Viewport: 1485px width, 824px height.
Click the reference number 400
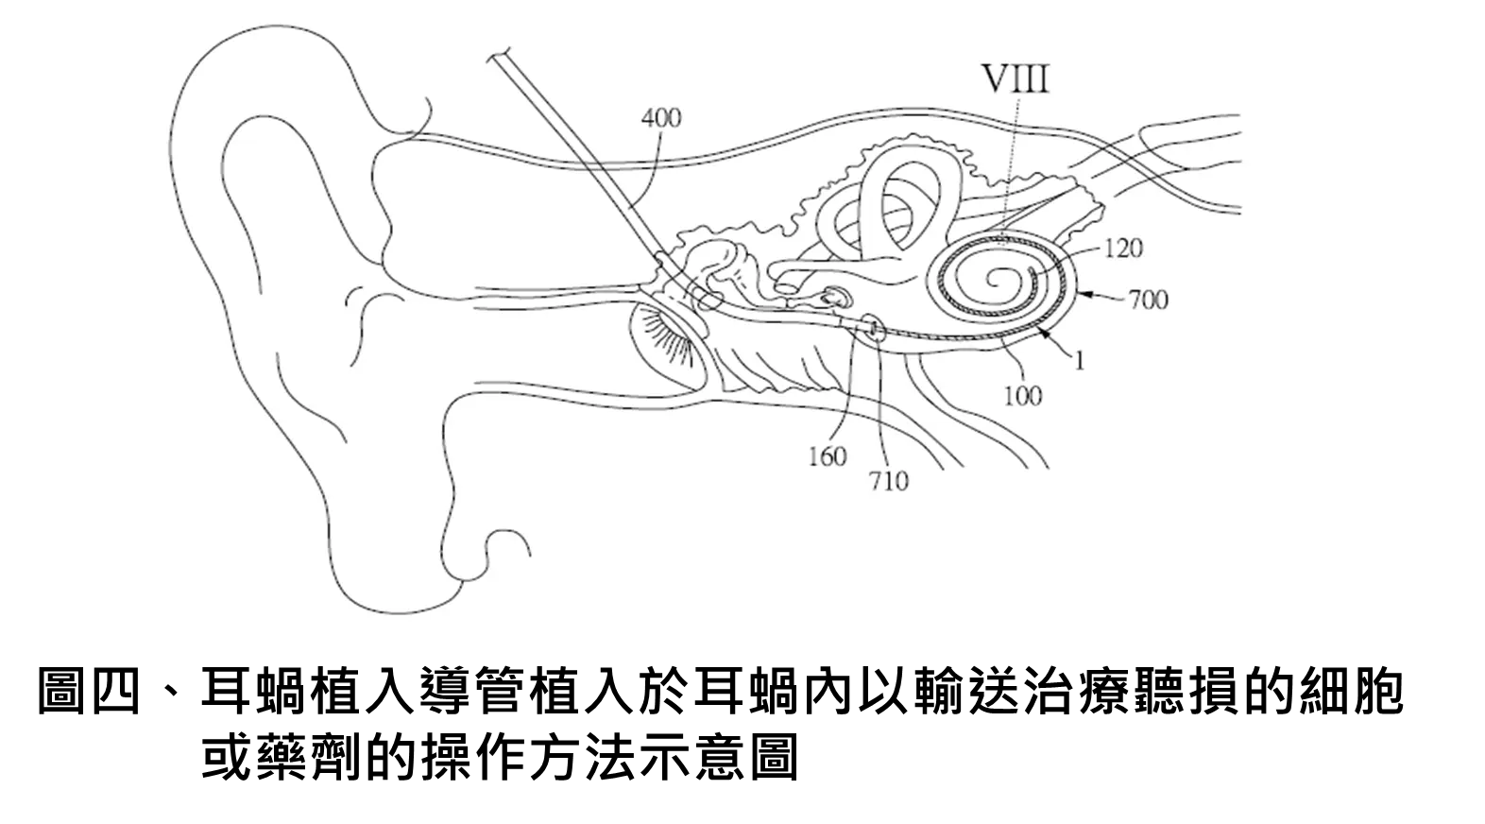click(661, 118)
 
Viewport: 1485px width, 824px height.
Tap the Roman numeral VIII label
click(1016, 79)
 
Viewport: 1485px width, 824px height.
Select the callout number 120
click(1124, 249)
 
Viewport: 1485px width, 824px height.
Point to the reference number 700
click(1148, 300)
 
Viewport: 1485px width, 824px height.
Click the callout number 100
click(1023, 397)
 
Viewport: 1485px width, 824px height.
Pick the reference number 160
click(828, 456)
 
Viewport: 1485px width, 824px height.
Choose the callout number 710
click(888, 481)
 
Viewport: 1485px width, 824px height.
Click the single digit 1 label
click(1080, 361)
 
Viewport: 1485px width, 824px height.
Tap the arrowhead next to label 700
click(1084, 293)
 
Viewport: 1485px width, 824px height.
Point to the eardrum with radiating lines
click(665, 345)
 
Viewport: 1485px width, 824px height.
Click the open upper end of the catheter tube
click(499, 56)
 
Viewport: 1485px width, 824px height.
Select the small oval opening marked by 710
click(875, 328)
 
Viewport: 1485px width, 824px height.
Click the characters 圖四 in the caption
click(90, 692)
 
